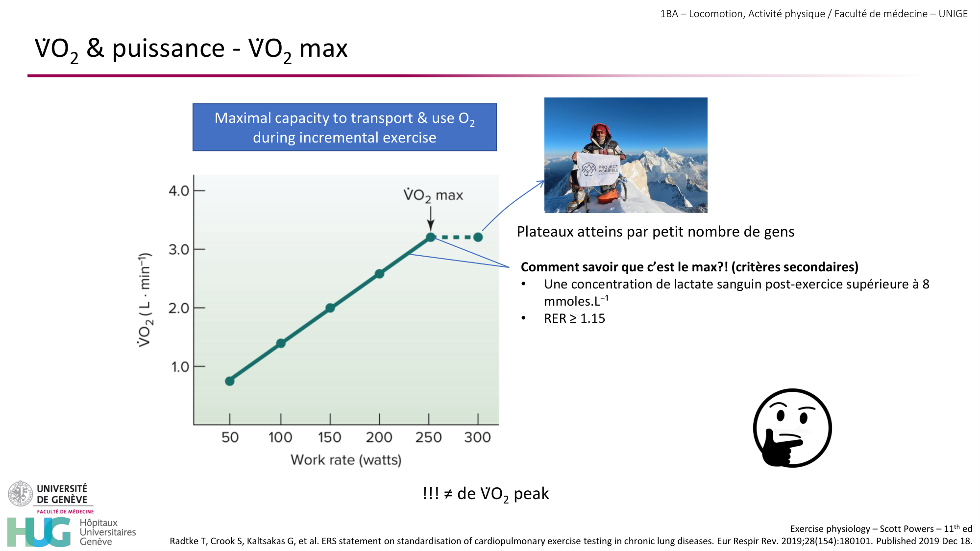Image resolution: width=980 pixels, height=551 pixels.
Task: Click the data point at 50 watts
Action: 230,381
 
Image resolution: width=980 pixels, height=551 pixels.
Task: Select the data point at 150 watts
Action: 330,308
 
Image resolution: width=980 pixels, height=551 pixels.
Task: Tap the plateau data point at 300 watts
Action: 478,237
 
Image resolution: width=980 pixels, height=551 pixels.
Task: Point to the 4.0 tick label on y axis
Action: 179,191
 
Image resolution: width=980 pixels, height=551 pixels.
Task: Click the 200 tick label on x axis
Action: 379,437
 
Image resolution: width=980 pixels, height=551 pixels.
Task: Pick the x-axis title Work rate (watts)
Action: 346,460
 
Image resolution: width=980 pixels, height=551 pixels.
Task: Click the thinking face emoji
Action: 792,428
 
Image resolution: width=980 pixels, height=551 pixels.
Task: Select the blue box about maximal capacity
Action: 344,127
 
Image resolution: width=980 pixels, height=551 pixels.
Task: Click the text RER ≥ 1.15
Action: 574,319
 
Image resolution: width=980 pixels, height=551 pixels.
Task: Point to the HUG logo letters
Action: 39,532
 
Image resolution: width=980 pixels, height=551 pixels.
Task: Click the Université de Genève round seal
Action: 21,494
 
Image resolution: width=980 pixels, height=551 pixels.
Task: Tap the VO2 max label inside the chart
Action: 433,195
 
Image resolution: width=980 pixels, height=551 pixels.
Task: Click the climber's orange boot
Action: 609,194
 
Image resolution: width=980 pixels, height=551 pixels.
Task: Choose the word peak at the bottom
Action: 531,494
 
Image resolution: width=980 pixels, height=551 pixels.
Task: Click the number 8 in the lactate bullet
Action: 926,285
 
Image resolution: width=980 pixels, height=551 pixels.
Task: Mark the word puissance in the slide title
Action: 168,49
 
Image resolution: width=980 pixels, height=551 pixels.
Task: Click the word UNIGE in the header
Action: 953,14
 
